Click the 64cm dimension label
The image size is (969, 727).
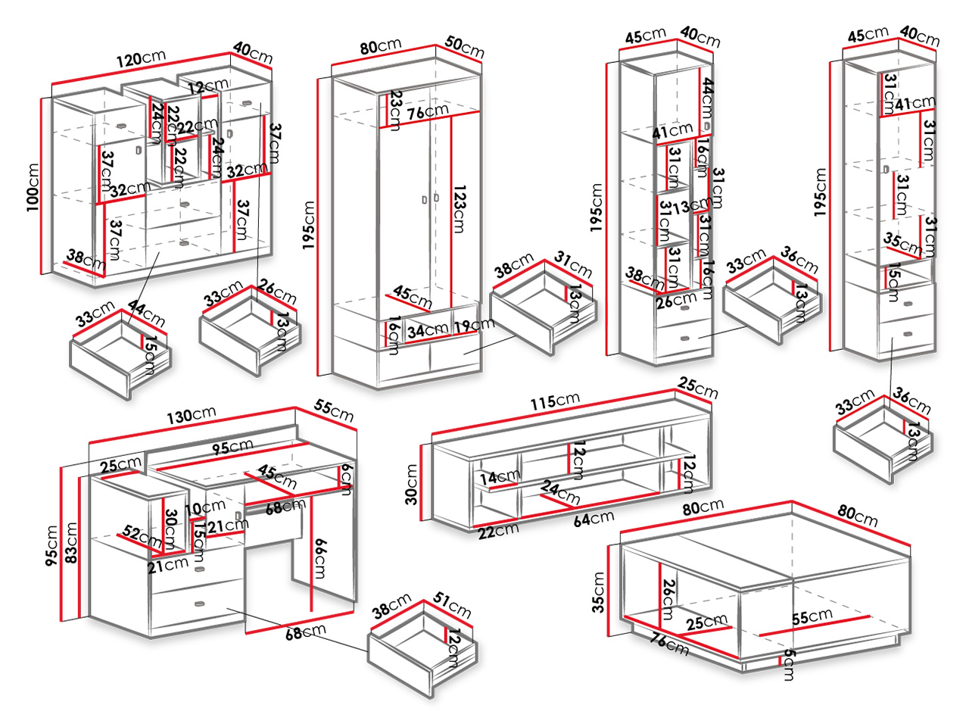(x=593, y=519)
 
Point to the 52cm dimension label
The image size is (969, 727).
(x=142, y=538)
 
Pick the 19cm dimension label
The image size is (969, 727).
(x=473, y=326)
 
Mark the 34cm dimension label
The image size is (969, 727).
(x=426, y=330)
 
